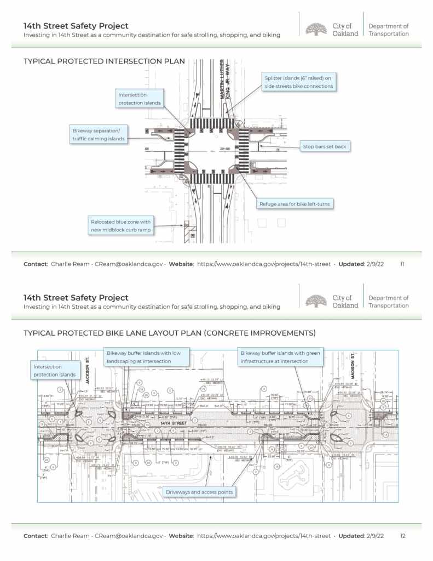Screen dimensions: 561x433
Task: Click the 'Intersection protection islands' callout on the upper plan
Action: point(139,99)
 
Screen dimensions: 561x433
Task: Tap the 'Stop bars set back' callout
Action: point(325,146)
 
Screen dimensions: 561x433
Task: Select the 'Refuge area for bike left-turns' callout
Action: point(296,204)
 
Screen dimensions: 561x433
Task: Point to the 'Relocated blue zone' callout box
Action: point(121,225)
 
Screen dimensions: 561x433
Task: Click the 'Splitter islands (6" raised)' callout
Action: point(298,82)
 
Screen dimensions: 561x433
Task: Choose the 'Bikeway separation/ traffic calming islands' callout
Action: point(99,134)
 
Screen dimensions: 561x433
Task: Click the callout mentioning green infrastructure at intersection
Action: point(280,358)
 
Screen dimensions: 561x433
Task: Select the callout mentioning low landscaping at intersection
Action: point(147,358)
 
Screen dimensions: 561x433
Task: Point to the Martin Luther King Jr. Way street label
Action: point(226,80)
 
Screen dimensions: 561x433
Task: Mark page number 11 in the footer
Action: point(402,264)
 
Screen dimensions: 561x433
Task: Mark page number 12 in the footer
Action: point(402,536)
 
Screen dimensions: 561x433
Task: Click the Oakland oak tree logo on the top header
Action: point(316,29)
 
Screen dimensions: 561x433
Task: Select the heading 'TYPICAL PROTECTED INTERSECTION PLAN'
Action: point(104,61)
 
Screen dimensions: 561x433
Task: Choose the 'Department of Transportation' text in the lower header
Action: point(388,302)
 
